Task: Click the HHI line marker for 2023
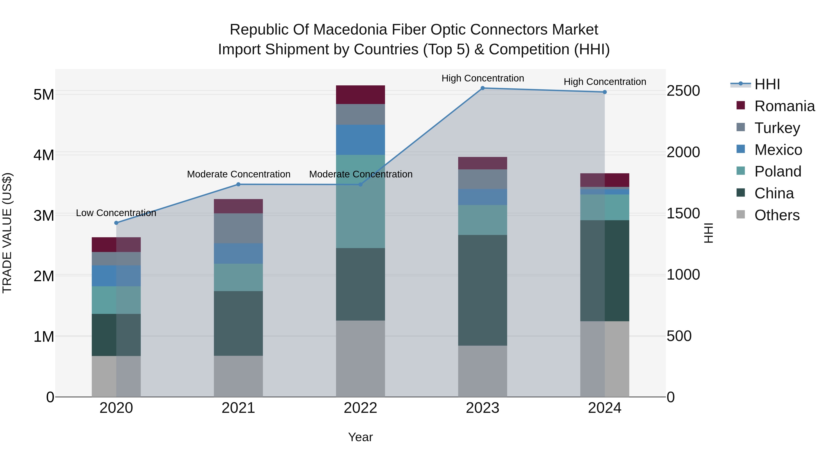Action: point(483,88)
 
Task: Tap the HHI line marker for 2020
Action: point(116,223)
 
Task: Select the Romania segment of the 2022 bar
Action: point(360,95)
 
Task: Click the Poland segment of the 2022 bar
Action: point(360,201)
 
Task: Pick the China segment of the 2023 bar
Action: point(483,290)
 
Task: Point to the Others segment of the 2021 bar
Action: point(238,376)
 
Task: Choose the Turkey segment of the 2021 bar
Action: point(238,228)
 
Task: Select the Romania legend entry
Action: point(784,106)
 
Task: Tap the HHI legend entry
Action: point(767,84)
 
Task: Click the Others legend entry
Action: point(776,215)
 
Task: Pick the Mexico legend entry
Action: point(778,150)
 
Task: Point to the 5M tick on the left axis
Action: point(44,95)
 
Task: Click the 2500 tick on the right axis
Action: point(683,91)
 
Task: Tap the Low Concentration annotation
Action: point(116,213)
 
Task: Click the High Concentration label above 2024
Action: point(605,82)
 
